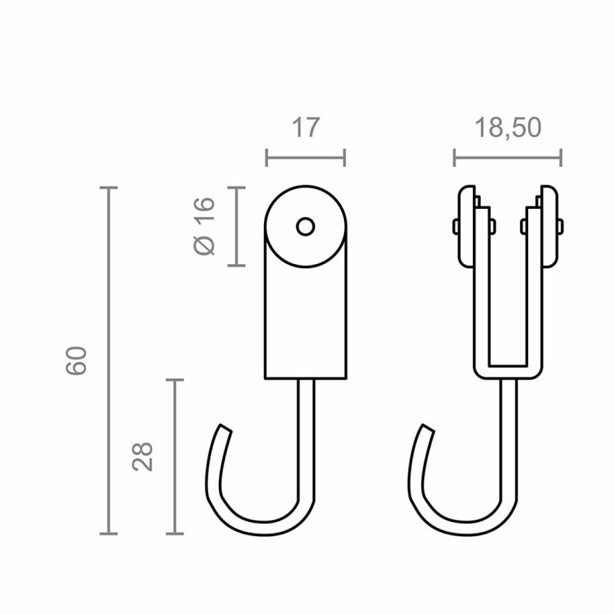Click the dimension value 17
coord(305,128)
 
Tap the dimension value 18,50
coord(507,128)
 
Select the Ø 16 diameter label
coord(205,225)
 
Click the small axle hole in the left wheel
coord(305,226)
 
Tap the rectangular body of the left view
coord(305,321)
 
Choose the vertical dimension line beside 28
coord(176,456)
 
